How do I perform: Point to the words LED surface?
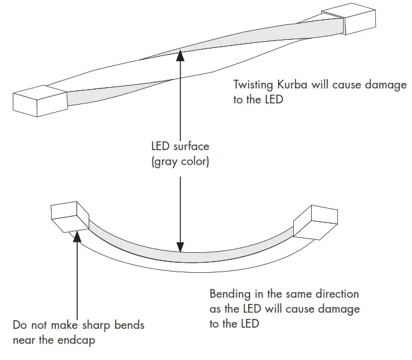click(180, 147)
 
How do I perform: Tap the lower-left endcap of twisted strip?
click(39, 100)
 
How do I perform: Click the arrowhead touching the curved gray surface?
click(180, 247)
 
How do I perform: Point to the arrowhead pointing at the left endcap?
click(77, 235)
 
